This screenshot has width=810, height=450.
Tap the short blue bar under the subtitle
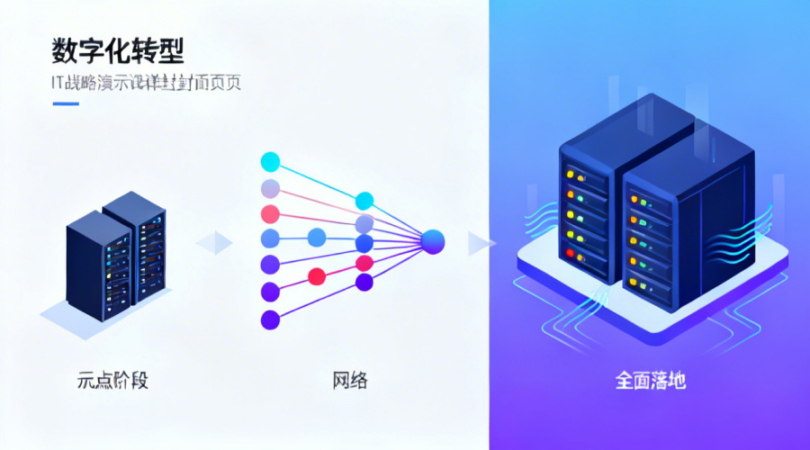[66, 103]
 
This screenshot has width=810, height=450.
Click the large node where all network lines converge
[434, 240]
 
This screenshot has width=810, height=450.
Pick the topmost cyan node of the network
[270, 162]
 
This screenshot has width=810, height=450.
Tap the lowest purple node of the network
[270, 319]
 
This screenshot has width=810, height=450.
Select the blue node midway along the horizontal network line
[317, 238]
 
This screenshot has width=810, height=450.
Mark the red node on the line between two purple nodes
[316, 276]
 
